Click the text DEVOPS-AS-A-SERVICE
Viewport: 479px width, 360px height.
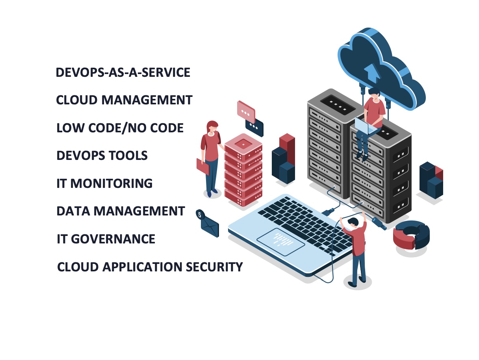pos(123,73)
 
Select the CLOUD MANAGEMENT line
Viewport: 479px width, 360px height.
pos(124,100)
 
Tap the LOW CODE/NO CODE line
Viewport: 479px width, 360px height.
pos(120,128)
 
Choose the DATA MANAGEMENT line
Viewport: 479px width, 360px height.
pos(121,211)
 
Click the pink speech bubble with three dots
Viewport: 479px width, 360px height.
pos(246,110)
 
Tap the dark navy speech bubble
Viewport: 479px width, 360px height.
pos(254,127)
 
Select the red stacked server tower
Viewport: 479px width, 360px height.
pos(243,169)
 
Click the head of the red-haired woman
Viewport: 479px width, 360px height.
pos(212,126)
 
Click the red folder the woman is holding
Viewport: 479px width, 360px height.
pos(203,166)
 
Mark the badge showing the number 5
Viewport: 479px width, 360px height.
pos(200,215)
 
